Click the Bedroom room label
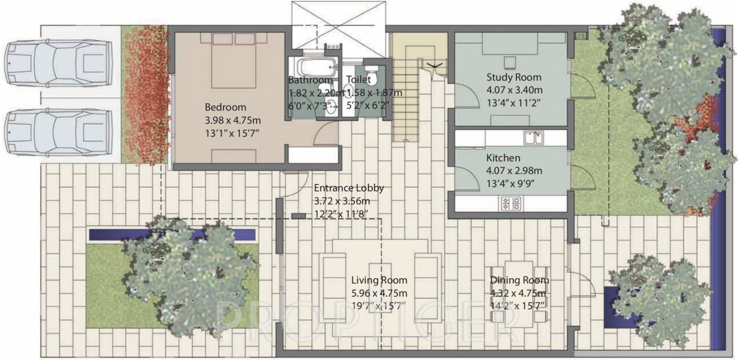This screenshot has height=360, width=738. [x=225, y=107]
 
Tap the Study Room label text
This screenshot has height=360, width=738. [x=514, y=77]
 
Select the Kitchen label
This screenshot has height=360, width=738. [x=503, y=158]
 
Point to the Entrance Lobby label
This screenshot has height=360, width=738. [x=349, y=188]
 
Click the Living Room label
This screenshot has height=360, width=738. [x=379, y=280]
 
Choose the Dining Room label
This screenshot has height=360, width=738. [x=519, y=280]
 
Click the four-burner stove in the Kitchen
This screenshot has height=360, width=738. [x=511, y=203]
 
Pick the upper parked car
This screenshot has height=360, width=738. [x=57, y=64]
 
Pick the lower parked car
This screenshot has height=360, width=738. [x=59, y=131]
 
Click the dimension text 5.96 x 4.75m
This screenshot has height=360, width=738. [x=379, y=293]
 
